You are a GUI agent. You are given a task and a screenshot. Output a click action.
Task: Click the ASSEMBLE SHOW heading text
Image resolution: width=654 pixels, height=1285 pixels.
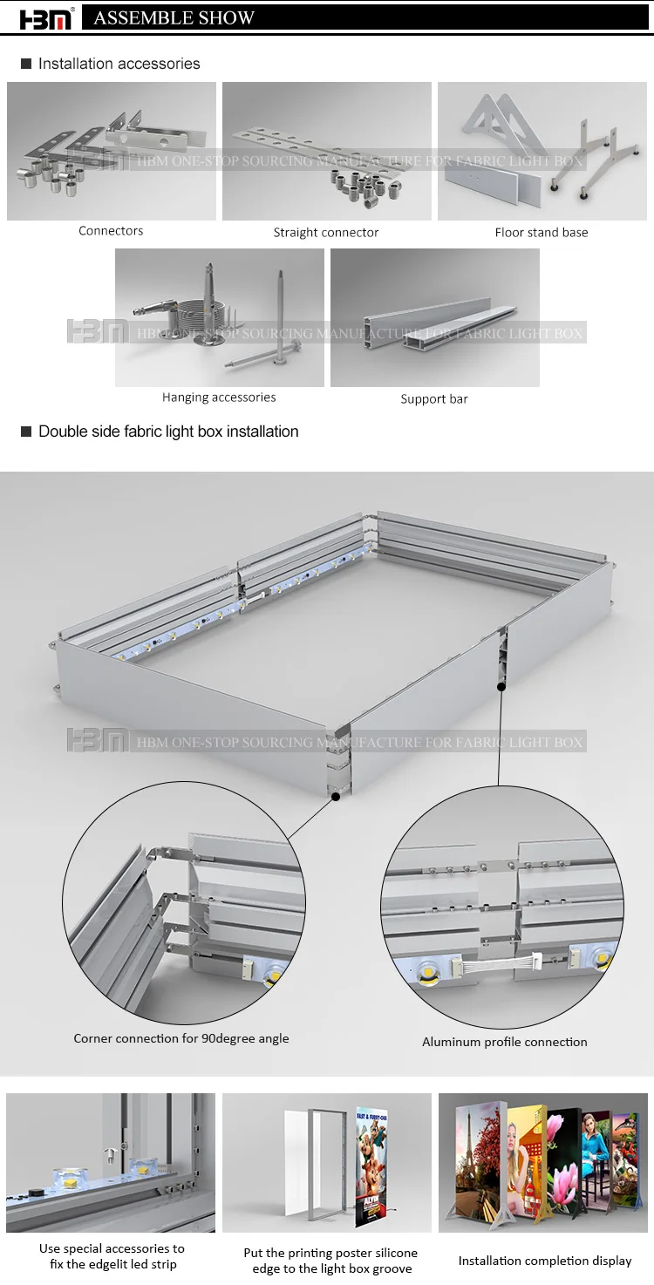(x=174, y=18)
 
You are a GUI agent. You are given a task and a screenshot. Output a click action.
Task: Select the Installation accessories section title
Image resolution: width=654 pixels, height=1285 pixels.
(x=119, y=64)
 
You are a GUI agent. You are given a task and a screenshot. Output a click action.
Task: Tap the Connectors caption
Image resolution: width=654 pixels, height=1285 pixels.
(x=111, y=231)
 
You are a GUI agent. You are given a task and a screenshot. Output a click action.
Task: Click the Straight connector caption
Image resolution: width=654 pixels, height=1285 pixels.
(x=326, y=233)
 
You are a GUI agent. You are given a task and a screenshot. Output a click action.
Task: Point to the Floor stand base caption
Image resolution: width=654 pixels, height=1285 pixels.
(x=541, y=233)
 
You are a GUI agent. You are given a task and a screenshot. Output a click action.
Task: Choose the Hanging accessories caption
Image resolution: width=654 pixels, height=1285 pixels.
(x=219, y=398)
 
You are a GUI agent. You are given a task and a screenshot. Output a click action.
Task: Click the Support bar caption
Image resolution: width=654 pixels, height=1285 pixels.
(x=434, y=399)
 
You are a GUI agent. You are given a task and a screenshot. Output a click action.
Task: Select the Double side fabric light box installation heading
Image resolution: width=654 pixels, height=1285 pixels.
(x=168, y=432)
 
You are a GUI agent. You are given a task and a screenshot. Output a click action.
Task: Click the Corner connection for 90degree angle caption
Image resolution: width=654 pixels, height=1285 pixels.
(x=181, y=1038)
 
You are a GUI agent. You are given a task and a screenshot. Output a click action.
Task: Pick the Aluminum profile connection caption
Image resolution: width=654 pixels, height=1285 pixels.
(x=505, y=1042)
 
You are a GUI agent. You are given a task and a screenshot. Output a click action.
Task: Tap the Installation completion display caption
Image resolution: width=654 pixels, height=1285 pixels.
(x=545, y=1261)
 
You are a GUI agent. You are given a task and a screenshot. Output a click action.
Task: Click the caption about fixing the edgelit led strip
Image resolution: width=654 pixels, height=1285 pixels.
(x=112, y=1256)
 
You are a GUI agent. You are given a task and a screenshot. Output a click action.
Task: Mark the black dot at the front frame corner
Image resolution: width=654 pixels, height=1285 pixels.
(x=336, y=796)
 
